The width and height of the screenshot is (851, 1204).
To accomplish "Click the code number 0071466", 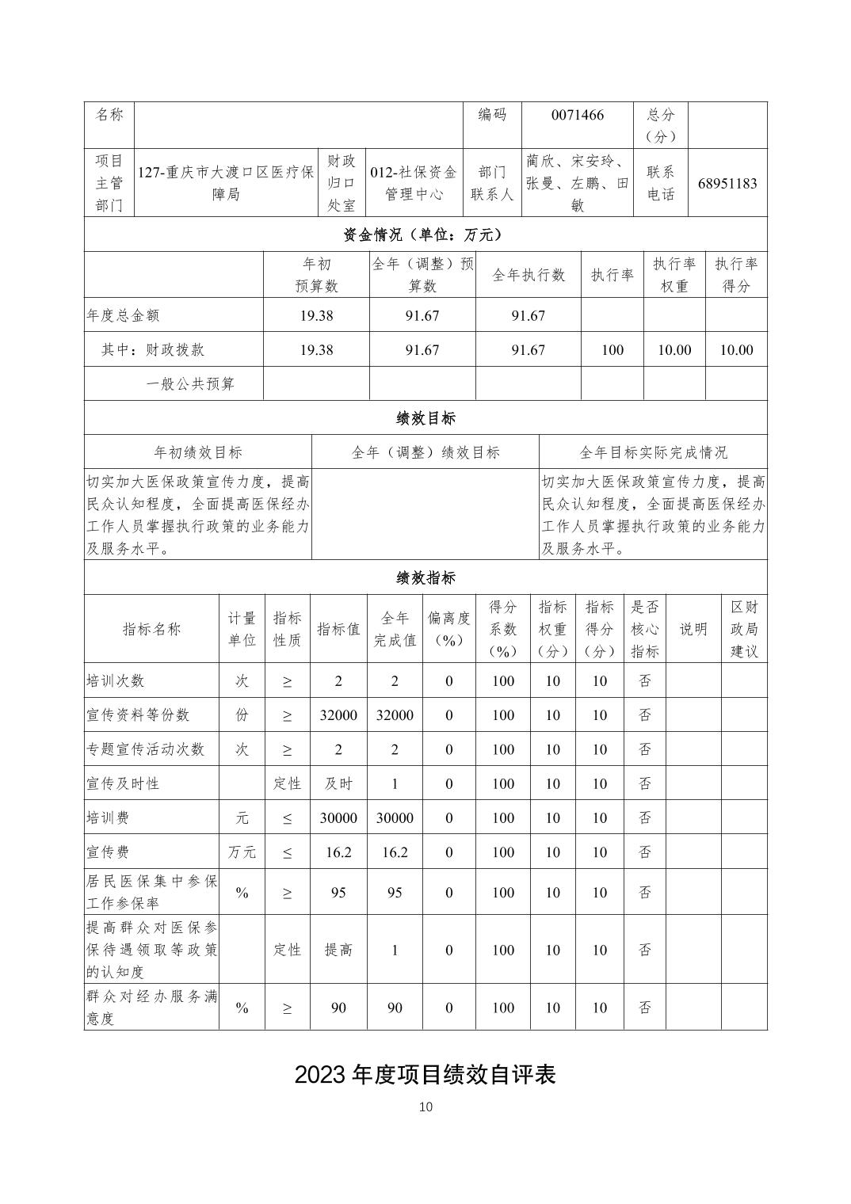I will tap(577, 116).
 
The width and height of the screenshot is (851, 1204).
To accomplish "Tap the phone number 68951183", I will tap(727, 184).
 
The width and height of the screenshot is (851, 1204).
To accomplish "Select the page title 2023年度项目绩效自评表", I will tap(425, 1074).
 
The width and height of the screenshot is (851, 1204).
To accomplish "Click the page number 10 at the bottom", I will tap(425, 1107).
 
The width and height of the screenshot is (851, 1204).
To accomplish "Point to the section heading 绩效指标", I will tap(425, 577).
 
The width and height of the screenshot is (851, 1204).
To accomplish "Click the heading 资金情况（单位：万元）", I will tap(425, 234).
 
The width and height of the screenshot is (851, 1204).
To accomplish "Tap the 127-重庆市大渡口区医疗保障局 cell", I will tap(226, 184).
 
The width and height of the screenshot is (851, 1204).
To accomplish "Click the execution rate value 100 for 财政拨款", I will tap(612, 350).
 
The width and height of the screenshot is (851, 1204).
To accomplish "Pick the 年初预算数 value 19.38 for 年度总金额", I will tap(316, 315).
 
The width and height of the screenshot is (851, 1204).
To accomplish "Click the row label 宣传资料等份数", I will tap(139, 714).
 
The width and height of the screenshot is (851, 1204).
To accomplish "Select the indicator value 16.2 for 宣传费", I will tap(338, 852).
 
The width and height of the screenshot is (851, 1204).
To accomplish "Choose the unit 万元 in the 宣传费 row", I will tap(242, 852).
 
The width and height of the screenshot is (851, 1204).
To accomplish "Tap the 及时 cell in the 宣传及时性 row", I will tap(338, 783).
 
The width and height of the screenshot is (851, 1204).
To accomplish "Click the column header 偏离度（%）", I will tap(448, 629).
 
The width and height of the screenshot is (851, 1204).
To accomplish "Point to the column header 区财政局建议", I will tap(744, 629).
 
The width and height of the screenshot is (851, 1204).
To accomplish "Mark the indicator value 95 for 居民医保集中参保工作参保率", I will tap(338, 893).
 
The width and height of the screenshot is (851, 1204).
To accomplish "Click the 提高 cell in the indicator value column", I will tap(338, 950).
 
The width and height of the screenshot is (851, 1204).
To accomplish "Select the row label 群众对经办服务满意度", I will tap(151, 1008).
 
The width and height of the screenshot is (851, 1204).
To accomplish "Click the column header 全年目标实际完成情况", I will tap(653, 452).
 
